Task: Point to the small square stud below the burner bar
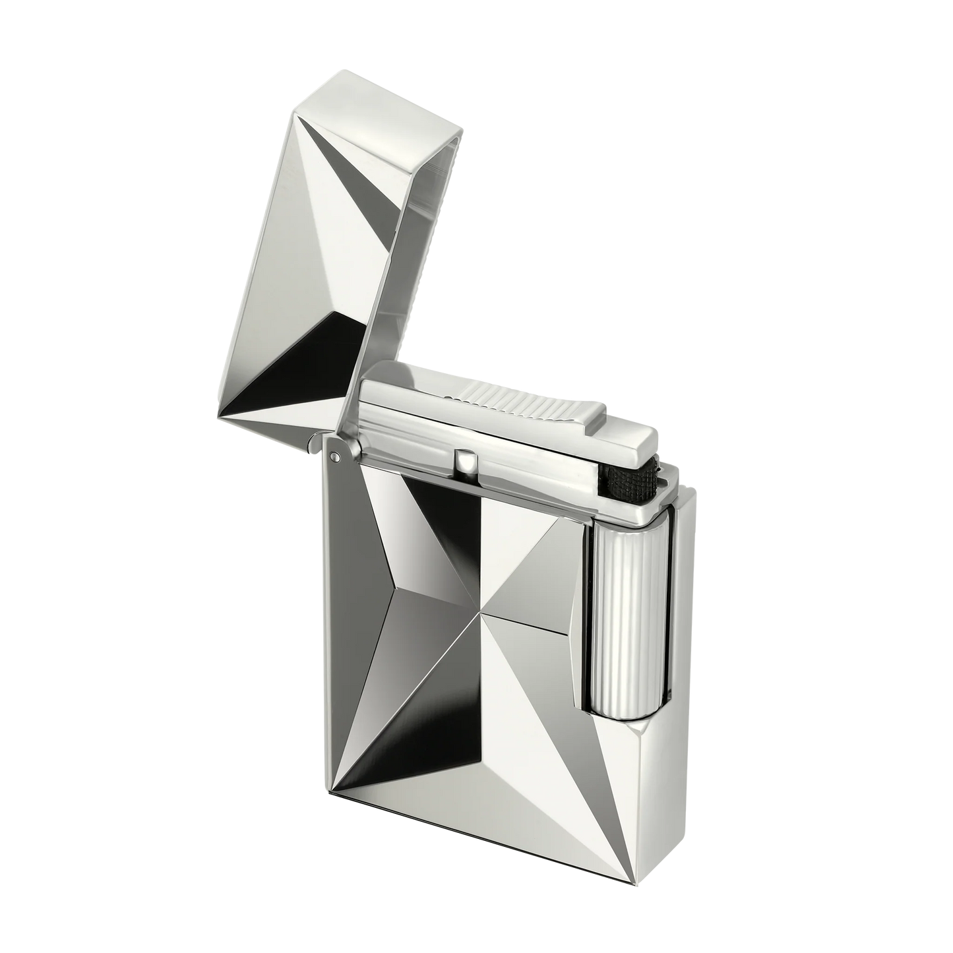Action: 467,460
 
